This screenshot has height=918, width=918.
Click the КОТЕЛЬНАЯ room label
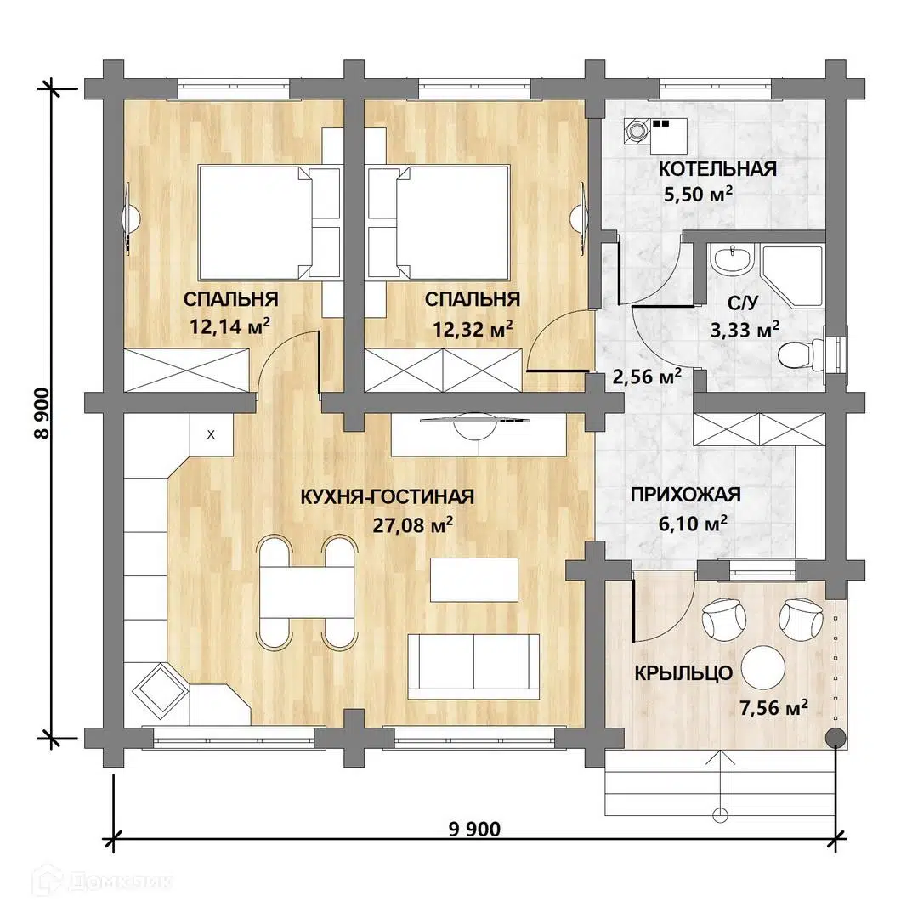pos(717,168)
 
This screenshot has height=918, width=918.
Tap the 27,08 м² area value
pos(413,524)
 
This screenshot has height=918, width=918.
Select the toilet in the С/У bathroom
pos(800,354)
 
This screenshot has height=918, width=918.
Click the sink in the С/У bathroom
pos(731,258)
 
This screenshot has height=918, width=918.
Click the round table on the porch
pos(762,667)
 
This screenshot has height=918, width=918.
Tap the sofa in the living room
pos(473,666)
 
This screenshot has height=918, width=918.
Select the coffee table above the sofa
pos(474,580)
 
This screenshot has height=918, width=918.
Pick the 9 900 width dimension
pos(474,829)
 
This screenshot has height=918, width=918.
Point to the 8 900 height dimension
pos(44,412)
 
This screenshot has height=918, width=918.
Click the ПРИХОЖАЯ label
pos(686,495)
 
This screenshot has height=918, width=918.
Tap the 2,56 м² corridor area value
pos(646,376)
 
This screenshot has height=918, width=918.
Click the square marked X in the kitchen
pos(211,434)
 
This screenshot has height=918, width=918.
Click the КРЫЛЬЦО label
pos(683,673)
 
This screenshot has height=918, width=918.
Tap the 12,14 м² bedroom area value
pos(229,326)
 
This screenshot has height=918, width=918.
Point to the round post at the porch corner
pos(836,738)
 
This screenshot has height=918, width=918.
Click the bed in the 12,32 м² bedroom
pos(439,222)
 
